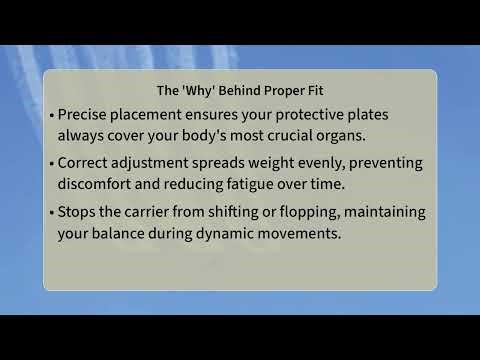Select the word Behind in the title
click(244, 87)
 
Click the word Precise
click(88, 114)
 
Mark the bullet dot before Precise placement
click(52, 115)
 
